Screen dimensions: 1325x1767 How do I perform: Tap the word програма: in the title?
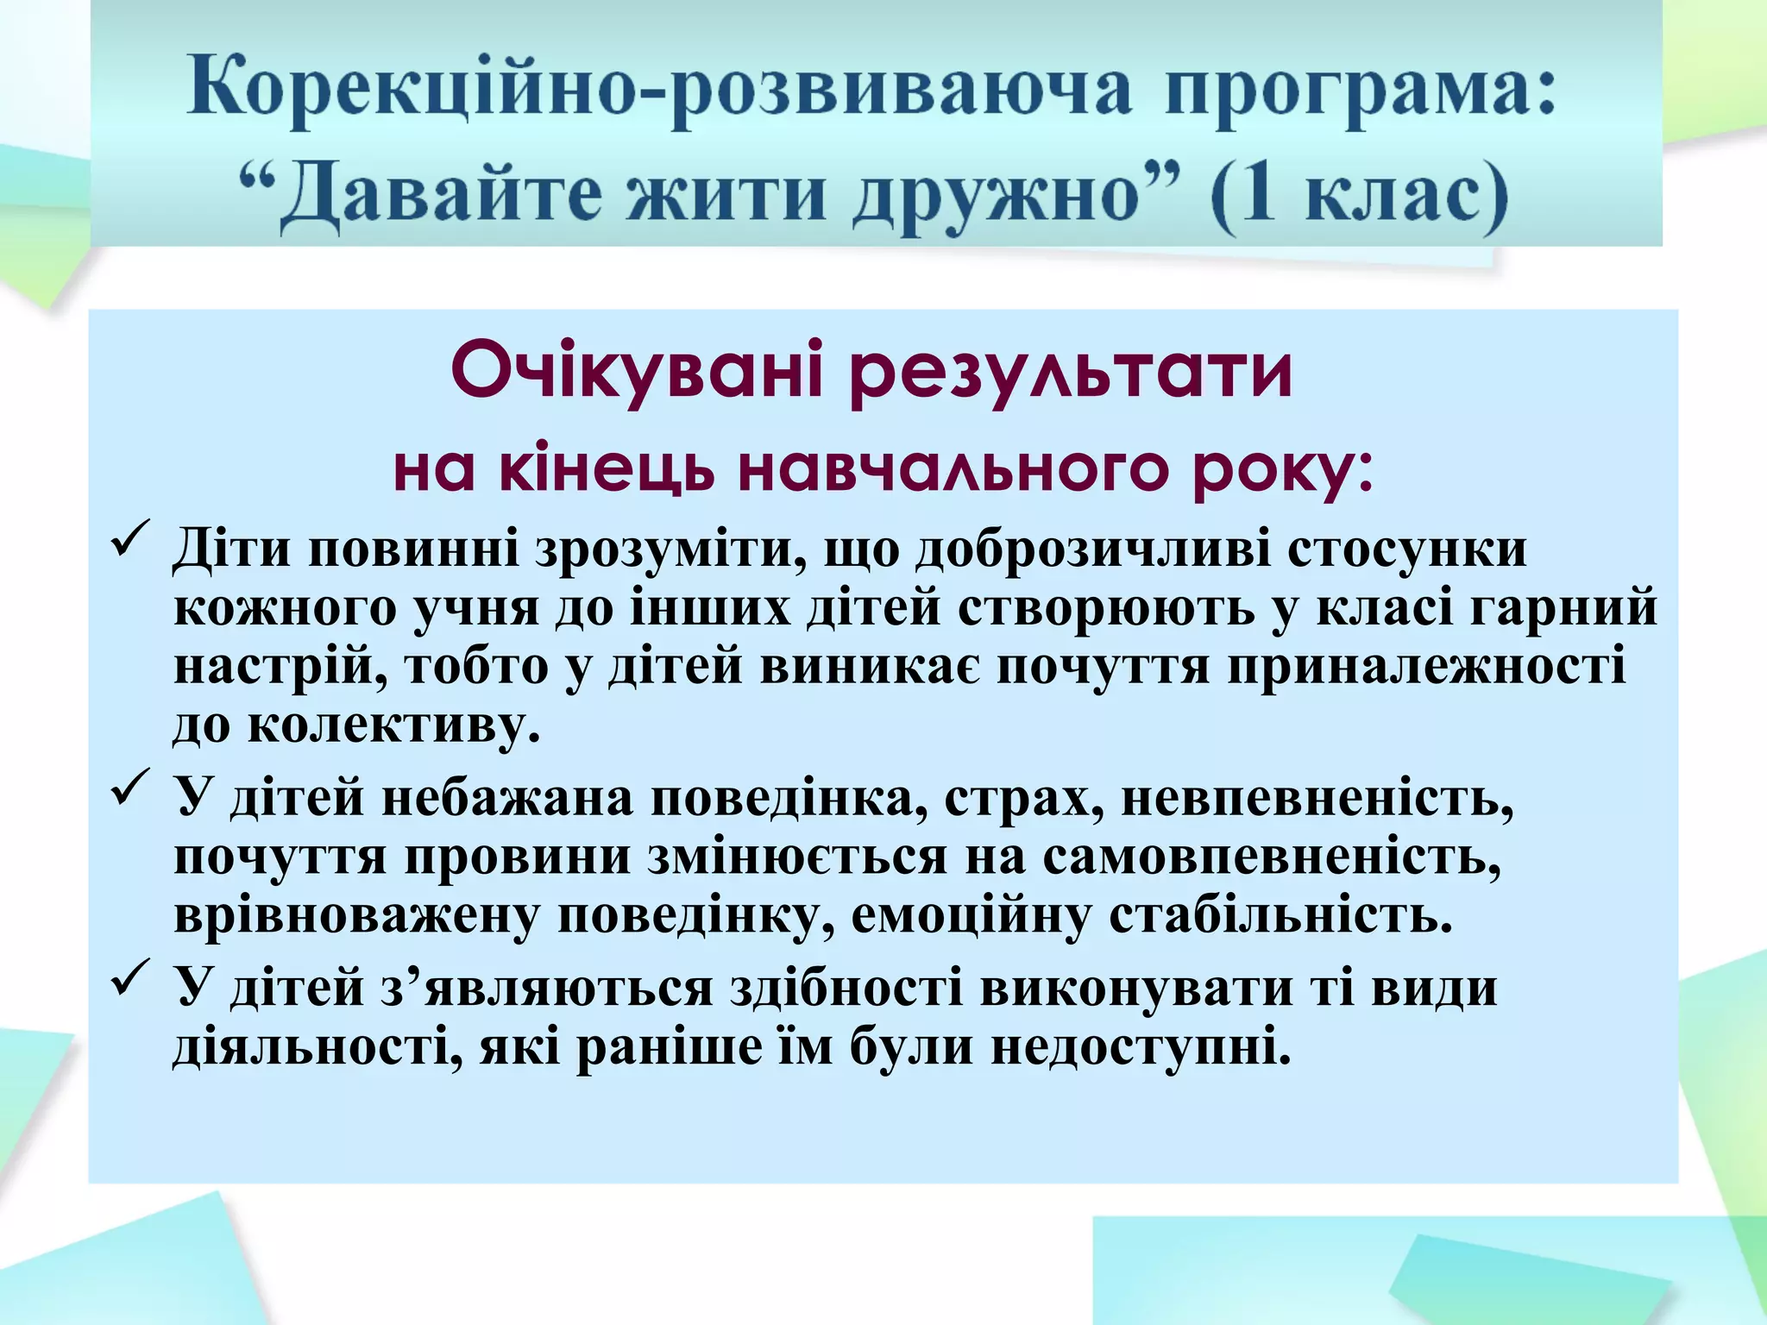point(1360,91)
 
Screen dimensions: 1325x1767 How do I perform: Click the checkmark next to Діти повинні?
point(130,539)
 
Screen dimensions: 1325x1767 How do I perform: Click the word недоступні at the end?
point(1139,1048)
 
